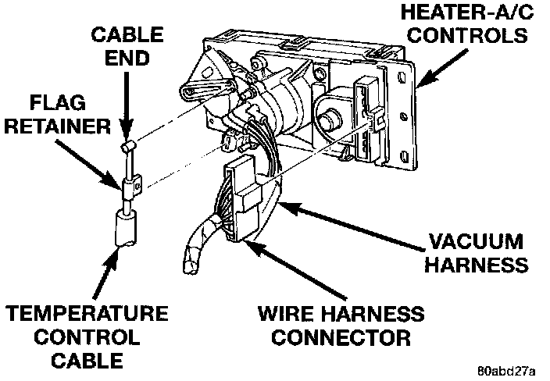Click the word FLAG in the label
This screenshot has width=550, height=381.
(x=48, y=102)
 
